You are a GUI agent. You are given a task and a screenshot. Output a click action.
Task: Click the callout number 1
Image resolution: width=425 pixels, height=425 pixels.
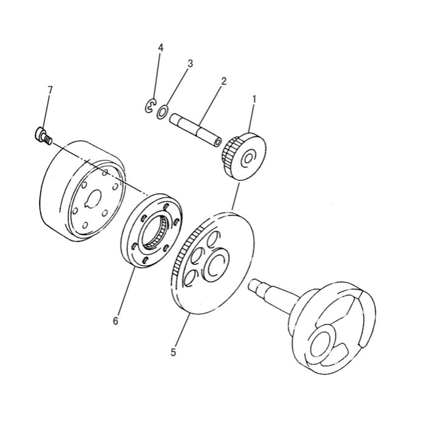(254, 98)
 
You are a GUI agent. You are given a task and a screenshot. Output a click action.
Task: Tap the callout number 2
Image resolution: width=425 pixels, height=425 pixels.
(224, 81)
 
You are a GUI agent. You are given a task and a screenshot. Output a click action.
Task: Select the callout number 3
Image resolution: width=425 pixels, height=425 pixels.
(190, 63)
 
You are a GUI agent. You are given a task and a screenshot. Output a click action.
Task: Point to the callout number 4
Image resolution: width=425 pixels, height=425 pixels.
(160, 47)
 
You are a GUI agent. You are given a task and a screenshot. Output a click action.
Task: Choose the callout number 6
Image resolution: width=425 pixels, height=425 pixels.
(115, 321)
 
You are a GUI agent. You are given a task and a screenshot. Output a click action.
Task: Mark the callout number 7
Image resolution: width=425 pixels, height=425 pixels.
(50, 90)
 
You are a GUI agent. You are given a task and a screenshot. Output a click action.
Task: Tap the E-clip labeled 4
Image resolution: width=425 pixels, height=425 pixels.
(149, 107)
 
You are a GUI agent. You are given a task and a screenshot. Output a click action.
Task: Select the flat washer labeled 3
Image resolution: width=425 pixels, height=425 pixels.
(163, 112)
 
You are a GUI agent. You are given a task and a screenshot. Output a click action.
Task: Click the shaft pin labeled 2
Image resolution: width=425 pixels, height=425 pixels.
(194, 129)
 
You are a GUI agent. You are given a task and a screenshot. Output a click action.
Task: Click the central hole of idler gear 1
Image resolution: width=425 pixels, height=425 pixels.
(249, 159)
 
